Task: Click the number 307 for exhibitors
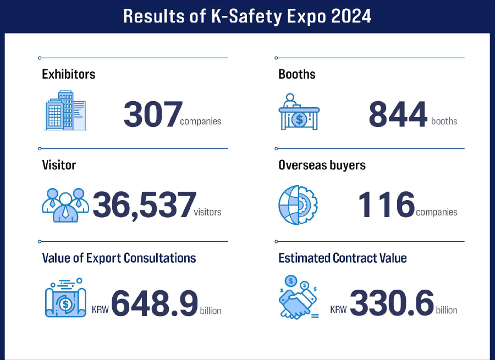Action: click(x=153, y=114)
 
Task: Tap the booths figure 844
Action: click(x=398, y=114)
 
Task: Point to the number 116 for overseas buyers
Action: click(x=387, y=204)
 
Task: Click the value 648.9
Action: click(x=155, y=303)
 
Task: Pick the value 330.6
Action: click(x=392, y=303)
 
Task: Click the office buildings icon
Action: click(x=65, y=110)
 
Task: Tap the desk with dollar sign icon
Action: click(x=299, y=112)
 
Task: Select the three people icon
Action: click(x=65, y=205)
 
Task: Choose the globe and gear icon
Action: click(x=298, y=205)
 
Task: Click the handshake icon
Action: click(x=299, y=297)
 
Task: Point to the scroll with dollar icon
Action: click(x=65, y=298)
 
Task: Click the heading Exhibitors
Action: click(x=69, y=74)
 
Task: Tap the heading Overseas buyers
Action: click(x=322, y=165)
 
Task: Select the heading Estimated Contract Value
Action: click(x=343, y=258)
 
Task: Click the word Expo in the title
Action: click(x=306, y=16)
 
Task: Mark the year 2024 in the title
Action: click(x=351, y=16)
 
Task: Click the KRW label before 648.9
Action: click(x=100, y=310)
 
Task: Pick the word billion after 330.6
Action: click(x=447, y=310)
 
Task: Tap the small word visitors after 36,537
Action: click(x=207, y=212)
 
